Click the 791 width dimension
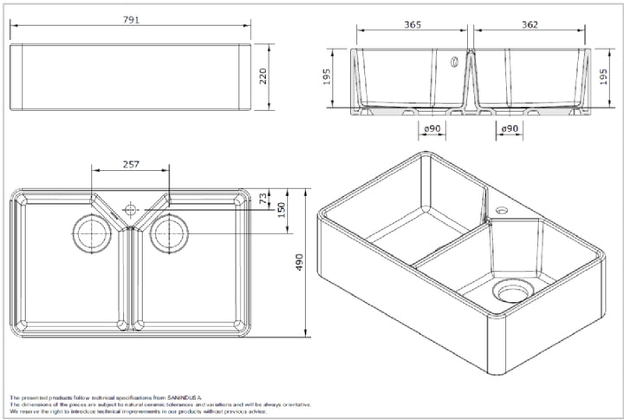132,18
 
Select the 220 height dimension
263,77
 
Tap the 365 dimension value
412,25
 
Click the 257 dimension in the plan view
132,164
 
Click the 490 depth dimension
300,260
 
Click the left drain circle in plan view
89,233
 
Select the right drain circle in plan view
168,233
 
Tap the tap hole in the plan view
130,209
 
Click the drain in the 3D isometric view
514,292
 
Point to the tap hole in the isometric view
501,211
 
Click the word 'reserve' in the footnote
31,412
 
